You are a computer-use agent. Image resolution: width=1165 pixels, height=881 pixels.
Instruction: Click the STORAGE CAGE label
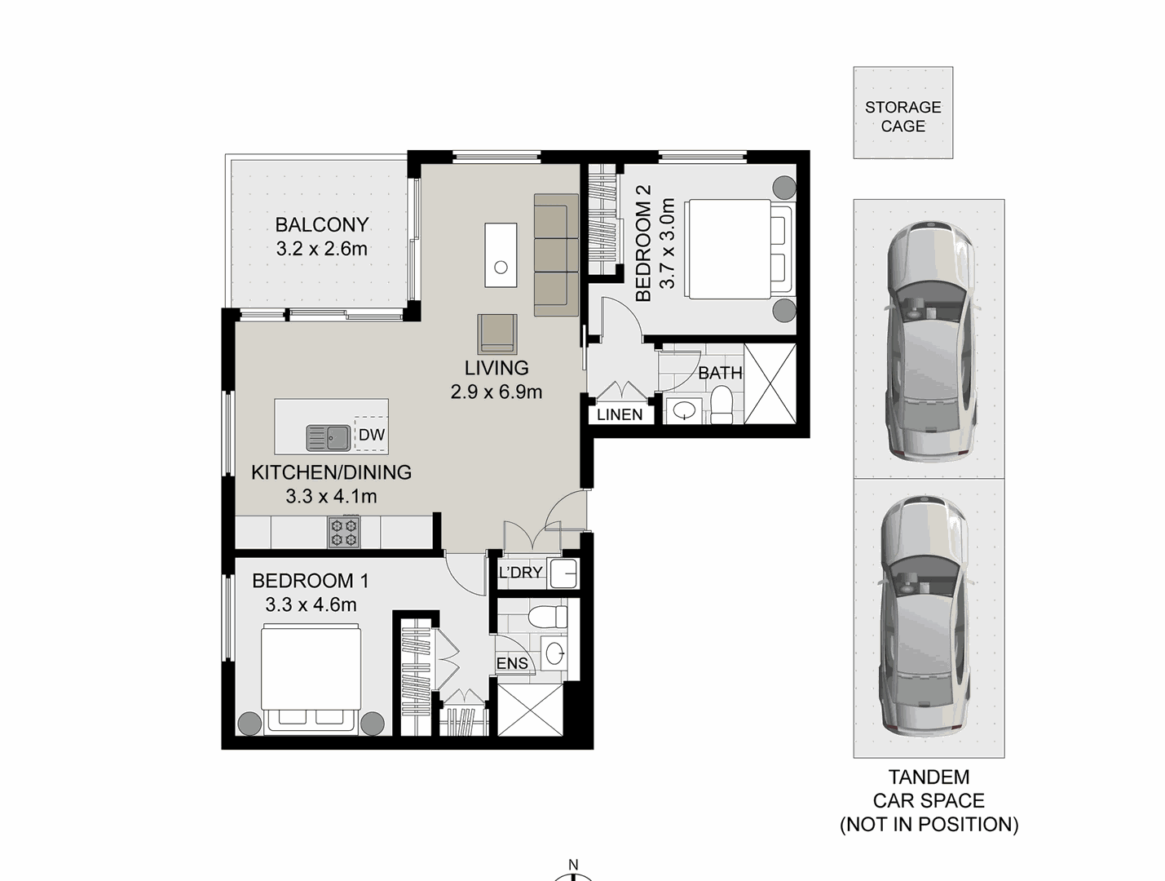coord(902,117)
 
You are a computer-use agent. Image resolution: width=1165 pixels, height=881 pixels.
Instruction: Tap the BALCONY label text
coord(321,224)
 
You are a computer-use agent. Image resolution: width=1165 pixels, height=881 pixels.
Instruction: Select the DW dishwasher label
coord(372,435)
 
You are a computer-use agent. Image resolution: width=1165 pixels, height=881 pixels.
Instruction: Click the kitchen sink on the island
coord(328,438)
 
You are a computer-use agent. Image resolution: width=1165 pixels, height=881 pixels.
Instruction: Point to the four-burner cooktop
coord(343,532)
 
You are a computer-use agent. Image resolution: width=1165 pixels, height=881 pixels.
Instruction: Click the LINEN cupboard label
coord(620,414)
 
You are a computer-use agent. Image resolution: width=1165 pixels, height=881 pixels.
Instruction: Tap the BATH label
coord(720,373)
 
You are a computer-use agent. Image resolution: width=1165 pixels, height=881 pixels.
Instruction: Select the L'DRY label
coord(520,573)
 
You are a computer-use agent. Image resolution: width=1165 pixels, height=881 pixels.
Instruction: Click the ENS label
coord(512,664)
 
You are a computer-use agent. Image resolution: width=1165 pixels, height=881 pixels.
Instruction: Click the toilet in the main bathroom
coord(722,405)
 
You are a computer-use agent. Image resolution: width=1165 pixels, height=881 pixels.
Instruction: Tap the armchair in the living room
coord(497,333)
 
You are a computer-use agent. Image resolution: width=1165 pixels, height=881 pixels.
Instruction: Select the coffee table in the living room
coord(501,255)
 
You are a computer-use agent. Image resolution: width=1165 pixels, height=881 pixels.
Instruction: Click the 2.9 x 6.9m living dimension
coord(496,392)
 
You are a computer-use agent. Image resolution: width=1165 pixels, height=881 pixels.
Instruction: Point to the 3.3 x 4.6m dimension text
coord(311,605)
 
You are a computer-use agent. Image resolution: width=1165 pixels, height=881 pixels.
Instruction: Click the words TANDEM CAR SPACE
coord(929,790)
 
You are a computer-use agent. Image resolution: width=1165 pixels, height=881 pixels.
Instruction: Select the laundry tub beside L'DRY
coord(563,573)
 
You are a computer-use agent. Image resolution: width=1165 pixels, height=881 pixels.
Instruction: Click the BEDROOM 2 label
coord(643,243)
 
